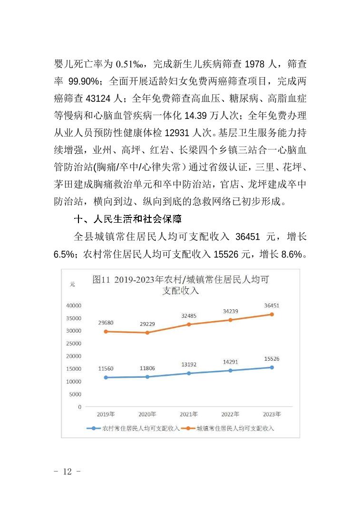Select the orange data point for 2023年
point(272,314)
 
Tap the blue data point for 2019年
point(106,377)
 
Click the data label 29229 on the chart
point(146,324)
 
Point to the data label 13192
point(189,364)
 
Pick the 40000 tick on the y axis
point(73,305)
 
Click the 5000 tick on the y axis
point(75,394)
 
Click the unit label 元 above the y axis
point(72,284)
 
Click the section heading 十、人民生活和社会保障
point(128,220)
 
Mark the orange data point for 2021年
point(189,324)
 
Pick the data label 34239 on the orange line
point(231,311)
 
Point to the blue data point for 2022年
point(231,370)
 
